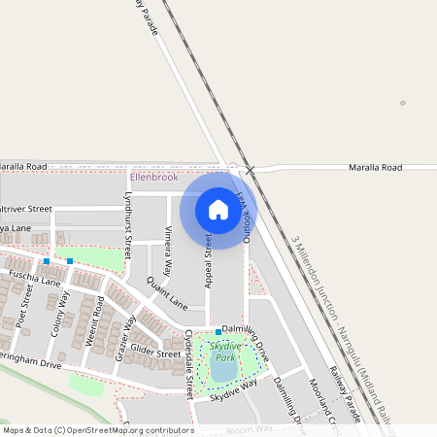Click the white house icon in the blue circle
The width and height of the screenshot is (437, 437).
pyautogui.click(x=218, y=209)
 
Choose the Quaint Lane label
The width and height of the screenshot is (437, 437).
pyautogui.click(x=166, y=292)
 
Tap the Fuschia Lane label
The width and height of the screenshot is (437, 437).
pyautogui.click(x=35, y=280)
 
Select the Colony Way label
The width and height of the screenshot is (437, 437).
pyautogui.click(x=65, y=313)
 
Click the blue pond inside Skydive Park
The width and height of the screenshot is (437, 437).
pyautogui.click(x=222, y=370)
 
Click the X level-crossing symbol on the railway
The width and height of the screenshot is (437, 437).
pyautogui.click(x=251, y=170)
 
